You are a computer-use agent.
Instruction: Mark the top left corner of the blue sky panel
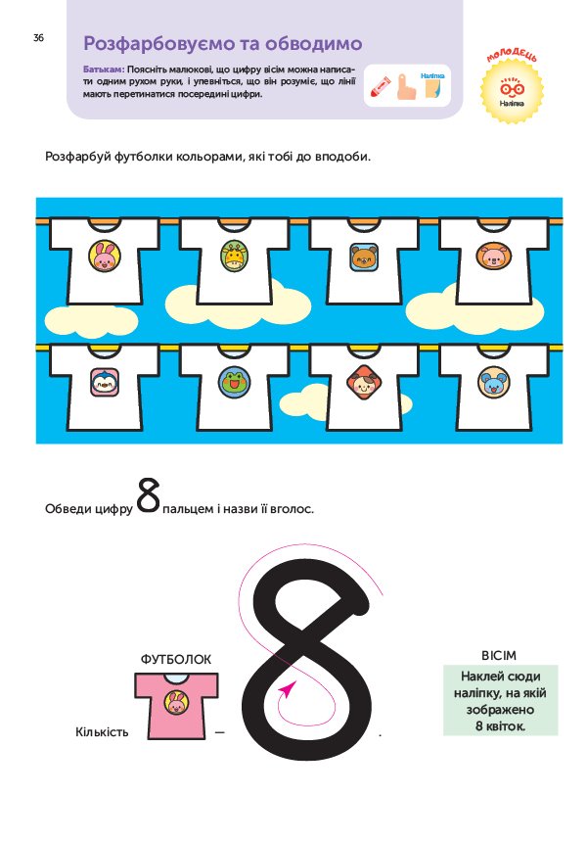coord(36,198)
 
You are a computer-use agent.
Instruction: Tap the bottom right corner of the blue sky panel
coord(563,444)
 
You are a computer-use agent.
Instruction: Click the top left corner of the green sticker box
coord(443,665)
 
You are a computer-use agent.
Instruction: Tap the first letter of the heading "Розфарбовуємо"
coord(90,43)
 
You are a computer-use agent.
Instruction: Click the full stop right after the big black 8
coord(380,734)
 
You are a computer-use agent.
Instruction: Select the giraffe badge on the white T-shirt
coord(235,256)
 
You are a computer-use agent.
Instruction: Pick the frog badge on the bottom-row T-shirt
coord(235,383)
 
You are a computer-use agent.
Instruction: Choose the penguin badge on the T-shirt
coord(105,382)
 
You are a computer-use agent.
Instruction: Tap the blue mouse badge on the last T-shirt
coord(494,383)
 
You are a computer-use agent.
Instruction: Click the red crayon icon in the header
coord(379,86)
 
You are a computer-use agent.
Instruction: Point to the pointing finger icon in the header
coord(406,86)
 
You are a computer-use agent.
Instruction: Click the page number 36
coord(38,37)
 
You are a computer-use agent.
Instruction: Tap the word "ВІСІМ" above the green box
coord(499,655)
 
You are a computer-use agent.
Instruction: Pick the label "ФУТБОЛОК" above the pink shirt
coord(176,659)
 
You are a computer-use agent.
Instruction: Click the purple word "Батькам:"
coord(104,70)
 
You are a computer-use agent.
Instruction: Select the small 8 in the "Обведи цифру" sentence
coord(148,495)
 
